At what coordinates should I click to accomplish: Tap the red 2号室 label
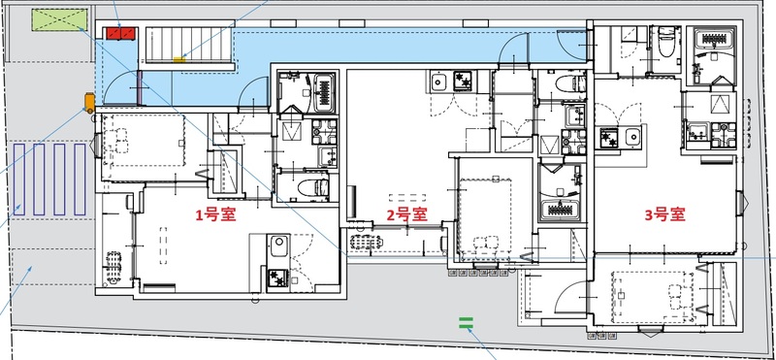pos(407,214)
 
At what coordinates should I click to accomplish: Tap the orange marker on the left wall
pos(89,100)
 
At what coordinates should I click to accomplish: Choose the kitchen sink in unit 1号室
pos(276,246)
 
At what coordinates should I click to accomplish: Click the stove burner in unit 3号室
pos(610,141)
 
